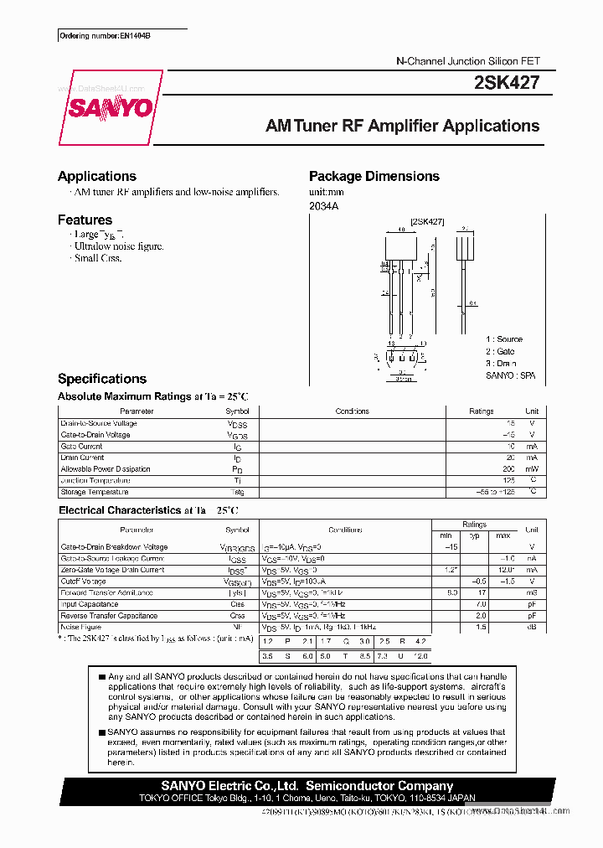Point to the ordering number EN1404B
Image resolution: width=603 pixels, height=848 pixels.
coord(105,36)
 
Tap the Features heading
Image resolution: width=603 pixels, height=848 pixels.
coord(85,220)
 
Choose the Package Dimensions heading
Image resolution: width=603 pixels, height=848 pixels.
coord(374,176)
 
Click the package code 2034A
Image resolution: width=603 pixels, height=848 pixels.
coord(323,206)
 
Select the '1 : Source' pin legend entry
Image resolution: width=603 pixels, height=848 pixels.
coord(504,339)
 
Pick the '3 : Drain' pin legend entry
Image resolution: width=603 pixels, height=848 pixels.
coord(501,364)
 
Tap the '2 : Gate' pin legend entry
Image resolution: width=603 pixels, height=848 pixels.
coord(500,352)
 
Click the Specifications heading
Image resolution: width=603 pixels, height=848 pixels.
coord(102,379)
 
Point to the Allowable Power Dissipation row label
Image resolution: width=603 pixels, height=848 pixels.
coord(106,469)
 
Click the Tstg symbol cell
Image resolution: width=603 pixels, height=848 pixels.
coord(237,493)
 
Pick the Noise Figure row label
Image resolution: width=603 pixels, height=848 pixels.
coord(80,627)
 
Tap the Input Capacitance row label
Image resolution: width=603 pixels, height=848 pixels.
coord(89,604)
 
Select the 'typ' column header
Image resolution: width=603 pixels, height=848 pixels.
coord(474,535)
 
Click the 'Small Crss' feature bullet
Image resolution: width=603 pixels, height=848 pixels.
coord(98,258)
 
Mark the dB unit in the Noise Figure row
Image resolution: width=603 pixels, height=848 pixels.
coord(531,627)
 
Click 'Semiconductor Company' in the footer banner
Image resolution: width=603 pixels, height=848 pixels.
coord(379,786)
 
